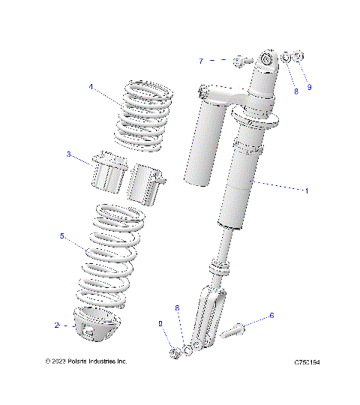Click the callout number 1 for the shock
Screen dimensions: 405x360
[x=306, y=190]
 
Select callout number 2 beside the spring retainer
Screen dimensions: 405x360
[x=56, y=325]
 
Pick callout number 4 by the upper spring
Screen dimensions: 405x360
[x=91, y=87]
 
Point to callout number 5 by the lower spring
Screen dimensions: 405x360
[x=62, y=235]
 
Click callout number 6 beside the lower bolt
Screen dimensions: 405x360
[x=271, y=316]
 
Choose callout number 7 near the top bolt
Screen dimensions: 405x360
[x=201, y=60]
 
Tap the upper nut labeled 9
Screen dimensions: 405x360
[x=298, y=56]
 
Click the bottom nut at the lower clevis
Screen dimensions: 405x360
[x=172, y=352]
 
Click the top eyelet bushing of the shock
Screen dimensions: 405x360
[x=266, y=61]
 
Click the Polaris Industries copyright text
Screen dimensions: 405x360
[x=85, y=361]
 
